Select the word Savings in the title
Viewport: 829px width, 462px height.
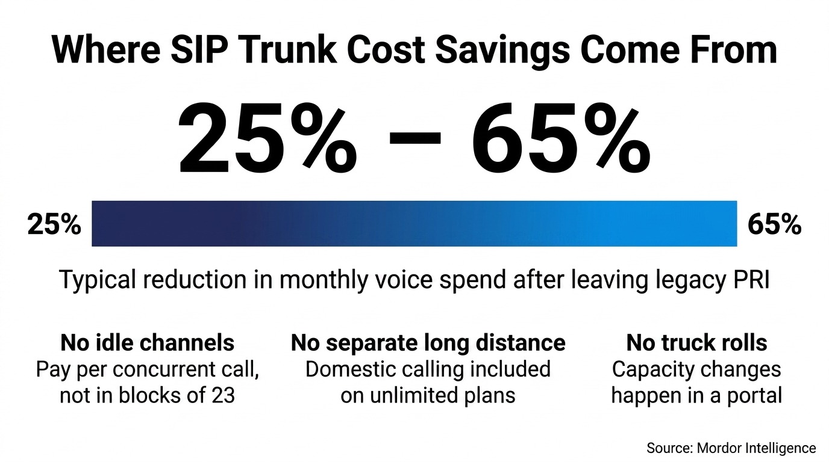point(502,52)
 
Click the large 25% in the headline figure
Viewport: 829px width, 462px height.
point(267,138)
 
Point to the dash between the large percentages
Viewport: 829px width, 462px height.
point(414,138)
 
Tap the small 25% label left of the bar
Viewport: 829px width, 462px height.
point(54,224)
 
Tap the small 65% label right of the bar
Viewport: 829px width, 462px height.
point(774,224)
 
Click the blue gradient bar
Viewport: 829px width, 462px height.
point(414,224)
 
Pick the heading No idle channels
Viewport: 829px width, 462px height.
point(147,343)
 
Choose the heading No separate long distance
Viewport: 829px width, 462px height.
point(428,343)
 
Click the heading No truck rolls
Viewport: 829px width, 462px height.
point(696,343)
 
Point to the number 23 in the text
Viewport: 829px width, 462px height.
point(223,395)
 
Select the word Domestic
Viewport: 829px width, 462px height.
point(348,369)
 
